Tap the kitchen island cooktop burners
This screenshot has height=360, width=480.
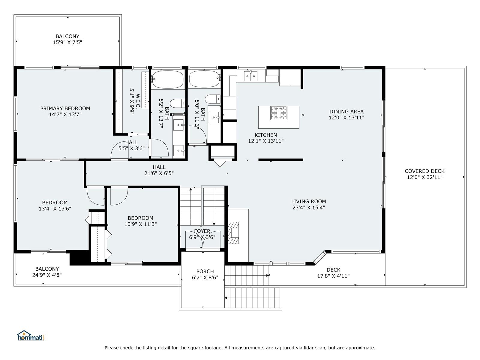pyautogui.click(x=279, y=113)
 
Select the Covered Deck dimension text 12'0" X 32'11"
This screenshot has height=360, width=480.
pyautogui.click(x=425, y=177)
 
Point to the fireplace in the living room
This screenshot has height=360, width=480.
pyautogui.click(x=233, y=233)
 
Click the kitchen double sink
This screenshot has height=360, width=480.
pyautogui.click(x=250, y=76)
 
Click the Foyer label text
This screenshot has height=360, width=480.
pyautogui.click(x=202, y=231)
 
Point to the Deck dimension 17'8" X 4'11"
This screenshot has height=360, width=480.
pyautogui.click(x=333, y=276)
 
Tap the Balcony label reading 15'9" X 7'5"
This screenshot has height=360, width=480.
pyautogui.click(x=67, y=39)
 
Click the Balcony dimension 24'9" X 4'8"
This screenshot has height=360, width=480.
pyautogui.click(x=47, y=275)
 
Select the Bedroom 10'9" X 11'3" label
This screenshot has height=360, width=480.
pyautogui.click(x=140, y=221)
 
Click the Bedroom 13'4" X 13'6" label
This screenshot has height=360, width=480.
pyautogui.click(x=55, y=205)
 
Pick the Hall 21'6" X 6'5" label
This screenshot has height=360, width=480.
pyautogui.click(x=159, y=170)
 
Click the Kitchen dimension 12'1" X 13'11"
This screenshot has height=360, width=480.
pyautogui.click(x=266, y=141)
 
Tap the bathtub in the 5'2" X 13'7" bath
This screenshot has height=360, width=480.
pyautogui.click(x=168, y=79)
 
